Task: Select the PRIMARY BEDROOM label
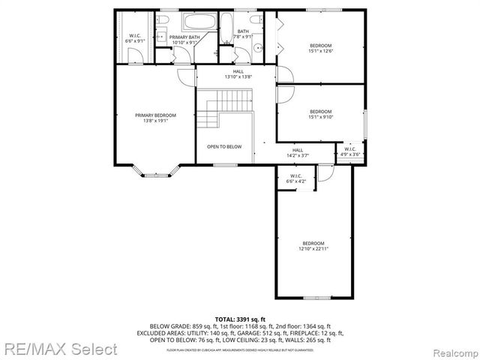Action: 155,117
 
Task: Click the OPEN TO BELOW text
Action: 224,146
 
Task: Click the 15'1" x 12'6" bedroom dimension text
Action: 320,51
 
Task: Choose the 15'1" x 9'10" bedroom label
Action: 320,115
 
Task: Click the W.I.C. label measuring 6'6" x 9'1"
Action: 136,39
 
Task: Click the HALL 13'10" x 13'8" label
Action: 238,74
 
